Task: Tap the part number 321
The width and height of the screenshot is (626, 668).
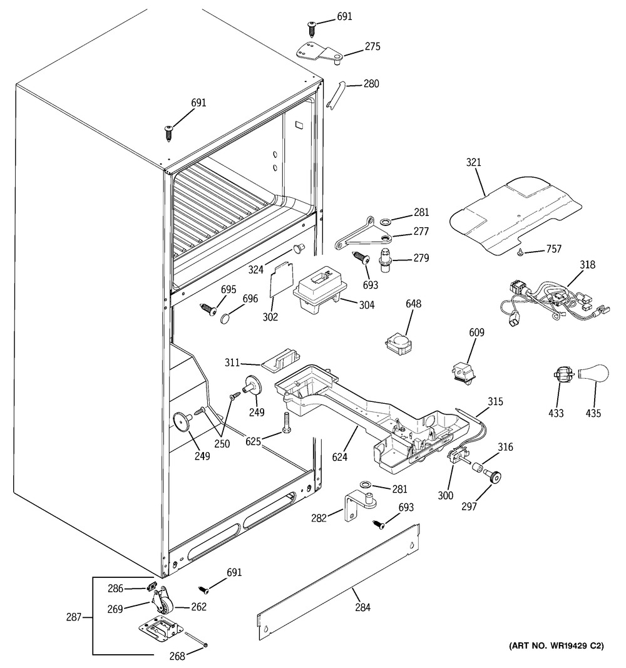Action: coord(473,162)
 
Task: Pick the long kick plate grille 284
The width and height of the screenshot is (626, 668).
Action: coord(339,582)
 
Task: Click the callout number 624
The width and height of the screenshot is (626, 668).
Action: coord(339,457)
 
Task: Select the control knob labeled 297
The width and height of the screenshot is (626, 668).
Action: coord(495,476)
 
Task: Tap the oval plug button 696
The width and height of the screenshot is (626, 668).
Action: coord(226,318)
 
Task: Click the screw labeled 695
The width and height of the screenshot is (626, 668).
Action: coord(208,309)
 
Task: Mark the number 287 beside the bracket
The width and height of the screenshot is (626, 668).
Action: coord(73,617)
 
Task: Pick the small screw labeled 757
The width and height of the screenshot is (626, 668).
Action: coord(520,254)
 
